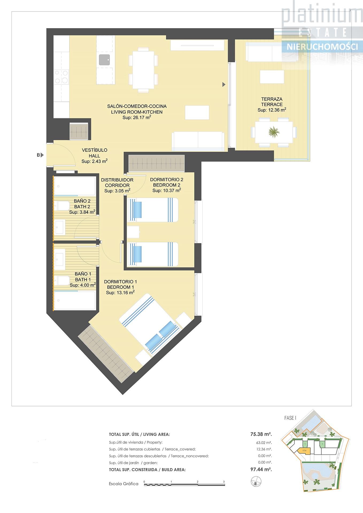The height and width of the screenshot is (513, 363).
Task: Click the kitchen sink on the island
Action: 105,60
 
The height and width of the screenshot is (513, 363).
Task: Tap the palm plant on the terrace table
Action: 274,132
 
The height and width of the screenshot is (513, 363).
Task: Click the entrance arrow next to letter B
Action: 42,155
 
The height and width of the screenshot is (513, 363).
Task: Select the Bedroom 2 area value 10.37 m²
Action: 167,191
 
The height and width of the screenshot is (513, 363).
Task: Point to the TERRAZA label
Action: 272,99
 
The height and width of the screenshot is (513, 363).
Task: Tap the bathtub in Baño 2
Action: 75,186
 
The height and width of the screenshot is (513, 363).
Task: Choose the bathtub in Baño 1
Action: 75,300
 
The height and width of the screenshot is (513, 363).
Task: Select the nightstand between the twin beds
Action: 133,232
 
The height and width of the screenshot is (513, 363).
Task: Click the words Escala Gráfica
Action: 124,484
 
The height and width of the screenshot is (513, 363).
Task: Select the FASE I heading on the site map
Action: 290,418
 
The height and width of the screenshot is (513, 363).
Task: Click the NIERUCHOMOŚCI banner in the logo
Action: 322,47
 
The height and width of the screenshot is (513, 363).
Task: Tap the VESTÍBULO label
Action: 95,150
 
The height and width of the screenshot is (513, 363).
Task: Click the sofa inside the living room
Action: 198,141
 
